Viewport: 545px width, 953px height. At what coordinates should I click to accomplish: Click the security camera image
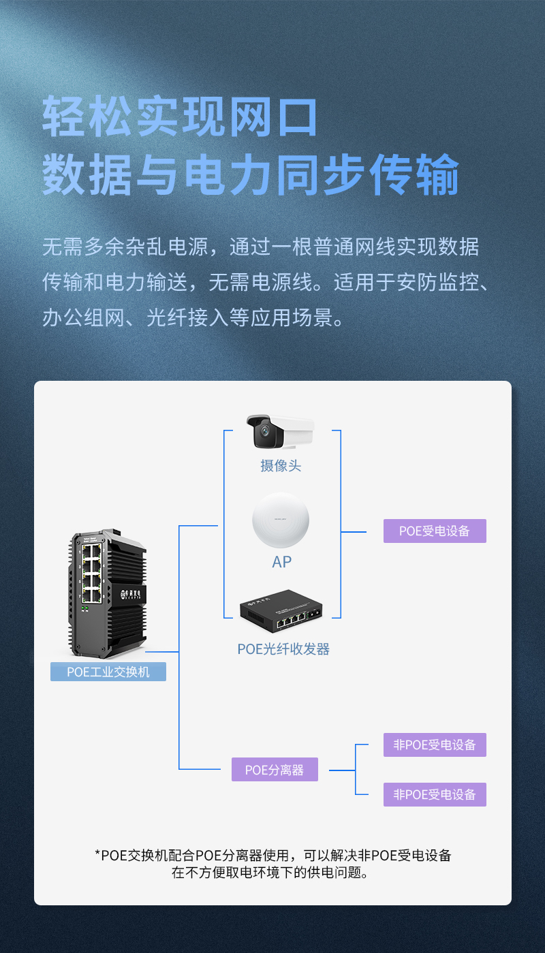click(281, 432)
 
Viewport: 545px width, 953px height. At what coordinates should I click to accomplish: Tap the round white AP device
click(281, 520)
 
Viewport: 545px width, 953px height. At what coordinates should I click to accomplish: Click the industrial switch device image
click(108, 593)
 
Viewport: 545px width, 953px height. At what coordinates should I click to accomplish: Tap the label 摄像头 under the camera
click(281, 466)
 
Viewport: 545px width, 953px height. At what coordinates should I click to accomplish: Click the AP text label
click(281, 562)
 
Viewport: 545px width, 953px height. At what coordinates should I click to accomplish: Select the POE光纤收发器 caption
click(283, 649)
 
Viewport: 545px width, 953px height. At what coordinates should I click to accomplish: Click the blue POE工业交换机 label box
click(108, 672)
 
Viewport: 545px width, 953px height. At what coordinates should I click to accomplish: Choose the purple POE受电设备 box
click(435, 531)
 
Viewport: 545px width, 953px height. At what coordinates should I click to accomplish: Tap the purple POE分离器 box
click(275, 770)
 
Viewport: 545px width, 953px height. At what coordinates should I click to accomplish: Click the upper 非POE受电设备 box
click(435, 745)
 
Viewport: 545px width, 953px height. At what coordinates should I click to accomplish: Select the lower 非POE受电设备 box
click(435, 795)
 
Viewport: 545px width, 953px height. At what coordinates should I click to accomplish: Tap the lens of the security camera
click(265, 431)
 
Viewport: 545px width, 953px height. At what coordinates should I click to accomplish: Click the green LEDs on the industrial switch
click(84, 609)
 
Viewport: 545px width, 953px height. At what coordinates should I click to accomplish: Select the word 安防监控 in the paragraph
click(438, 282)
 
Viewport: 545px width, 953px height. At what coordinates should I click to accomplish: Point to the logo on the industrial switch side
click(130, 594)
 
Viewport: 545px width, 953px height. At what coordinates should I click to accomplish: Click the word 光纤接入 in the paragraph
click(187, 318)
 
